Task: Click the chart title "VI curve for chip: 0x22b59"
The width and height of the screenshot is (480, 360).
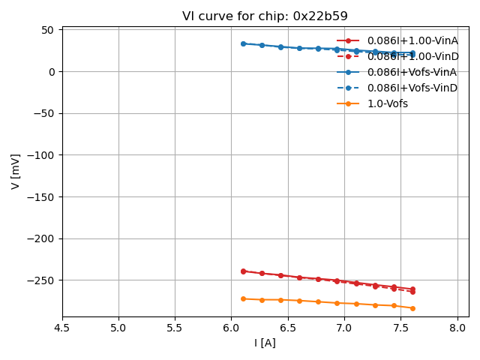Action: click(265, 16)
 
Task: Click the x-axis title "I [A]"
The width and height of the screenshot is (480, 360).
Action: click(265, 343)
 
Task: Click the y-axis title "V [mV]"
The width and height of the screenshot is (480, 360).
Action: click(16, 171)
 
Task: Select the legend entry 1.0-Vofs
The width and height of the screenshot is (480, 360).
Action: click(387, 103)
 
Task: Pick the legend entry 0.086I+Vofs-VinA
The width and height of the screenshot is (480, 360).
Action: click(412, 72)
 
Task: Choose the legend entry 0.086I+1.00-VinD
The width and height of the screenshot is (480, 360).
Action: click(412, 56)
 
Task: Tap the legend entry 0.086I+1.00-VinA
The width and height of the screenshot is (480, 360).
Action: click(412, 40)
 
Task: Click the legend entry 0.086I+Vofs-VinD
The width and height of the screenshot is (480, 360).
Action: click(412, 88)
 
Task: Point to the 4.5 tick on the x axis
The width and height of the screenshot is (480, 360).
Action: click(62, 328)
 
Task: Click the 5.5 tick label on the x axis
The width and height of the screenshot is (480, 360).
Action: click(175, 328)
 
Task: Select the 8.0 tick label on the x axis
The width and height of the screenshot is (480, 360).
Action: click(457, 328)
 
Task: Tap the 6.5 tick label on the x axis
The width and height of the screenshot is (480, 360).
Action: click(288, 328)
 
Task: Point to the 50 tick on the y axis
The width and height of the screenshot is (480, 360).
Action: click(49, 30)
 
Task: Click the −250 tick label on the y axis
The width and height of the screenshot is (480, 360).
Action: click(42, 280)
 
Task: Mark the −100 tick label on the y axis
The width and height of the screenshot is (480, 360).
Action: click(42, 155)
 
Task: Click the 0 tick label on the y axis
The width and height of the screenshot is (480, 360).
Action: click(52, 72)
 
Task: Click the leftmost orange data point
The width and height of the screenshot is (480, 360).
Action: click(243, 298)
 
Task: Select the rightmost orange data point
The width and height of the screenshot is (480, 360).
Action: click(412, 308)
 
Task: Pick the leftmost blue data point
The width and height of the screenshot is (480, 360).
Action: click(243, 43)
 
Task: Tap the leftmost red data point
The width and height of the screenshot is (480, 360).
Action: click(243, 271)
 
